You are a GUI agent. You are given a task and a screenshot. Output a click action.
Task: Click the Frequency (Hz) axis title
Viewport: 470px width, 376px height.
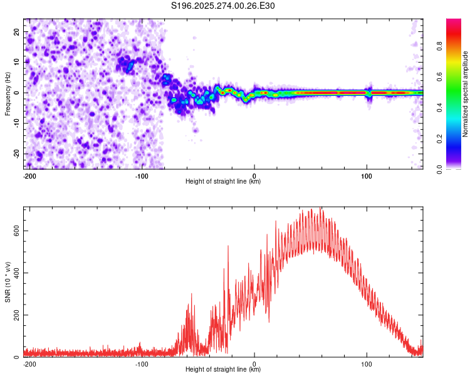(x=8, y=93)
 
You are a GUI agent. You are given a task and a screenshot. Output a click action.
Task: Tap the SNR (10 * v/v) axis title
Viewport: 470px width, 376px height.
(x=8, y=281)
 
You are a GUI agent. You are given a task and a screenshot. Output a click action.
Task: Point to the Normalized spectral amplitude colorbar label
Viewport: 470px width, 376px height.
(x=466, y=94)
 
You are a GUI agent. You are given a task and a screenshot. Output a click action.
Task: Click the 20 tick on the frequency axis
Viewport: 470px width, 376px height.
(x=17, y=31)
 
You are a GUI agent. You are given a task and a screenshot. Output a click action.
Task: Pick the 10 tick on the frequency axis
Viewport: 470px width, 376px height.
(x=17, y=62)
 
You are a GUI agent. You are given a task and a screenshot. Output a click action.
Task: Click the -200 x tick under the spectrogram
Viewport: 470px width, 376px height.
(x=29, y=175)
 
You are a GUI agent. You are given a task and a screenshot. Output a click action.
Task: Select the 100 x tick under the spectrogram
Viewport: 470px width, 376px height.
(x=367, y=175)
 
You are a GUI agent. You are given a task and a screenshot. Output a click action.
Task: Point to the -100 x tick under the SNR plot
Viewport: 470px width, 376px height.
(x=142, y=363)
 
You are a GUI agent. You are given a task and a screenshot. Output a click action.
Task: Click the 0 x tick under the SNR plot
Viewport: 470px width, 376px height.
(x=254, y=363)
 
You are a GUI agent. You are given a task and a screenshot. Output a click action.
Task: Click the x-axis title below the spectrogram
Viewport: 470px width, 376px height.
(x=223, y=182)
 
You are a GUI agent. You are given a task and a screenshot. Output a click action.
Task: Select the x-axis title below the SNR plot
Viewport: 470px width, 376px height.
(x=223, y=370)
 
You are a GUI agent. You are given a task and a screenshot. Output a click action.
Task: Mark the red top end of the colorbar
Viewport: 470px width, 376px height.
(x=453, y=22)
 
